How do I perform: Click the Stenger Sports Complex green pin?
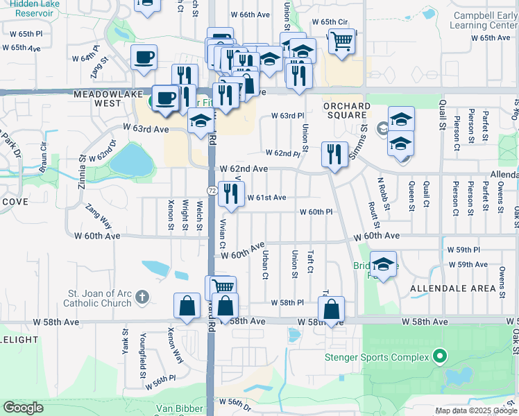coord(439,357)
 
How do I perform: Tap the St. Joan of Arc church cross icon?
coord(142,297)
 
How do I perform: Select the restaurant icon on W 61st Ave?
coord(231,194)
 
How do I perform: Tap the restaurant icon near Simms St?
coord(335,155)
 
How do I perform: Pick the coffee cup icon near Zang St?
coord(144,58)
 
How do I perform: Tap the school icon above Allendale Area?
coord(383,264)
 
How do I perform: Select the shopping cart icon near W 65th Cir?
coord(341,42)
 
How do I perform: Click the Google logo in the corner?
coord(23,408)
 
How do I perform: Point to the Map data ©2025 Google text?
coord(476,410)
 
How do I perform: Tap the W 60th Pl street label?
coord(317,212)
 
